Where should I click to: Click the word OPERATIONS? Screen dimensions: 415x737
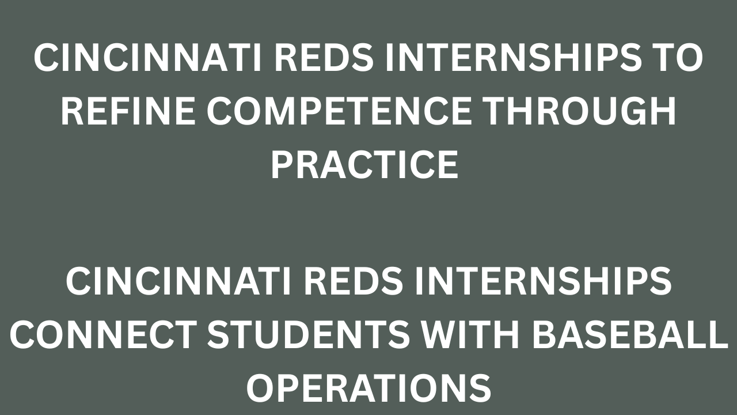click(x=368, y=388)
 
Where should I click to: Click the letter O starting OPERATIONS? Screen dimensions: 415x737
click(x=260, y=388)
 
